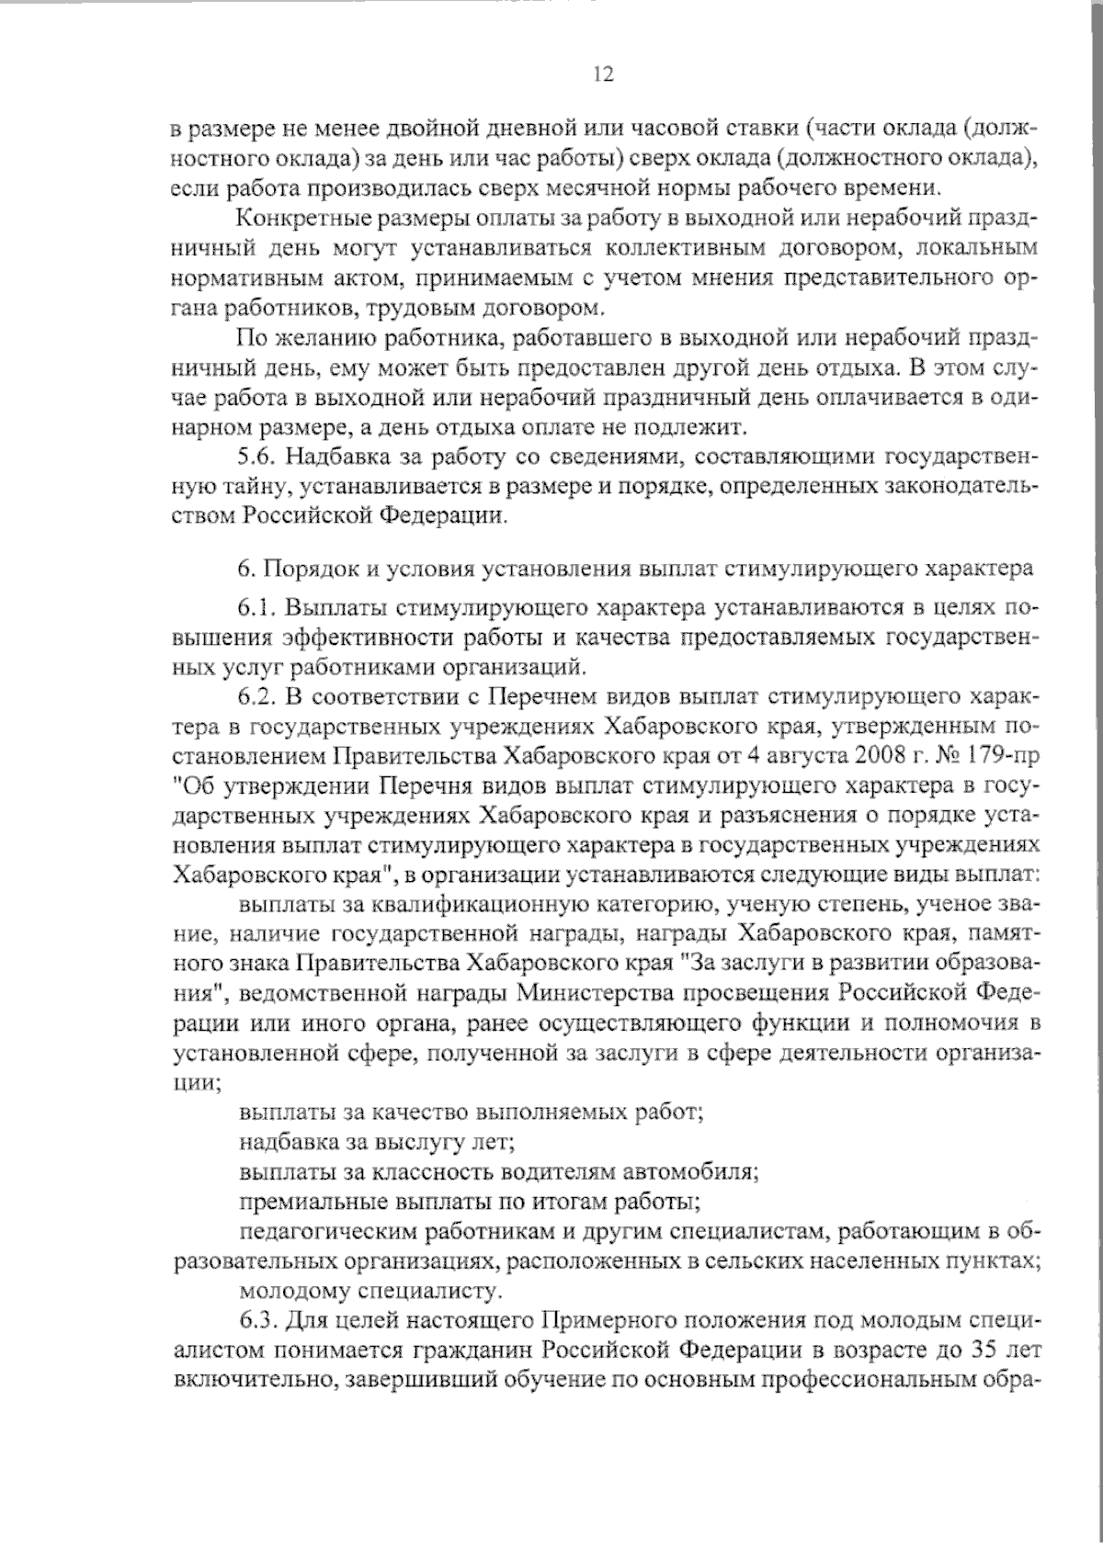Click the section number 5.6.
click(x=256, y=456)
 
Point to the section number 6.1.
click(x=256, y=608)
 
